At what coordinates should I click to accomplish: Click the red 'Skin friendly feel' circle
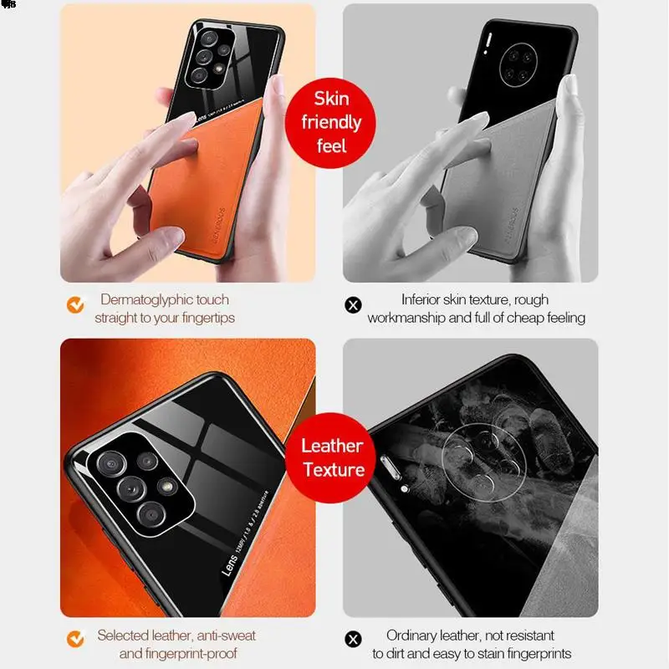tap(331, 122)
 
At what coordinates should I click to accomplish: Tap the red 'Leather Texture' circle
tap(332, 457)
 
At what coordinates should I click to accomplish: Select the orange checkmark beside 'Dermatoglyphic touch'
tap(76, 305)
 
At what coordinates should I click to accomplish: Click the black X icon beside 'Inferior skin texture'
tap(353, 305)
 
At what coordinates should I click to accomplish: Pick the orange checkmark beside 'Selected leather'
tap(76, 640)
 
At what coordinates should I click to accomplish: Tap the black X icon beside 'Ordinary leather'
tap(353, 640)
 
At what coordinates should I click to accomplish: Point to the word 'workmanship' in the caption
tap(406, 318)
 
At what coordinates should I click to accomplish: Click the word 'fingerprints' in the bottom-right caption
tap(535, 654)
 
